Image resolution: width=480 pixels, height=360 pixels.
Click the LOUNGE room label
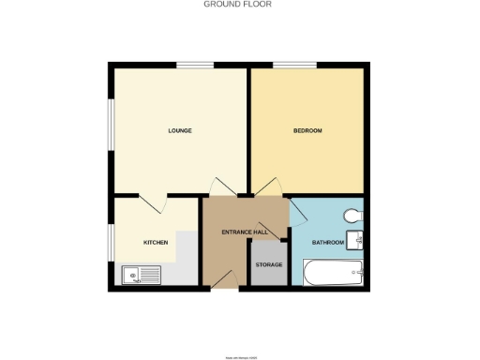pyautogui.click(x=180, y=130)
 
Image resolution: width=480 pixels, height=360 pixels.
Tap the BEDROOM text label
pyautogui.click(x=308, y=130)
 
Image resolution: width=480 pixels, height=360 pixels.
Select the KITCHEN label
pyautogui.click(x=156, y=243)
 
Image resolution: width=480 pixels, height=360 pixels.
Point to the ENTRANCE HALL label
pyautogui.click(x=245, y=232)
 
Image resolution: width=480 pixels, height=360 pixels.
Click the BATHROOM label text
pyautogui.click(x=328, y=243)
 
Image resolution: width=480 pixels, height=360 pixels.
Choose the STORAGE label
pyautogui.click(x=269, y=265)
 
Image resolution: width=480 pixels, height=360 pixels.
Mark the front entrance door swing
pyautogui.click(x=222, y=277)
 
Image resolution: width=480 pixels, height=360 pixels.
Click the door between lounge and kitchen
pyautogui.click(x=152, y=203)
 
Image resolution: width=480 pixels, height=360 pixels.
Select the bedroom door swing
pyautogui.click(x=265, y=187)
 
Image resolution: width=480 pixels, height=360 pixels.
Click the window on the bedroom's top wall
pyautogui.click(x=295, y=64)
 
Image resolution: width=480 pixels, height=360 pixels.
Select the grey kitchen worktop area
pyautogui.click(x=185, y=258)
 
